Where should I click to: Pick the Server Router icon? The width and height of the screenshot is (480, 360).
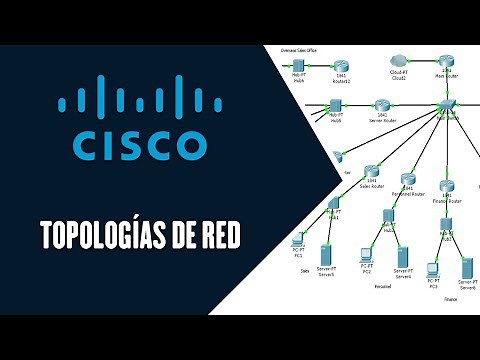382,104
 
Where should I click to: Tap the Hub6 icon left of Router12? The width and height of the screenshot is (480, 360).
298,65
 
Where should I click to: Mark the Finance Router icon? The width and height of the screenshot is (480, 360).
447,188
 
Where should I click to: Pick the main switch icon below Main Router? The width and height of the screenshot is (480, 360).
447,106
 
